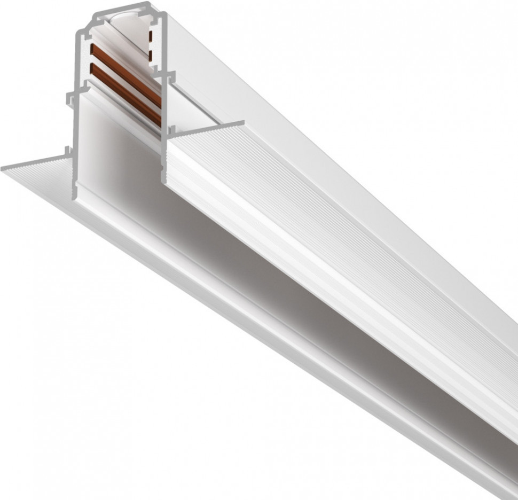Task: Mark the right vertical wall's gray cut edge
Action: coord(165,107)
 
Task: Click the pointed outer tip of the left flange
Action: coord(4,169)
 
